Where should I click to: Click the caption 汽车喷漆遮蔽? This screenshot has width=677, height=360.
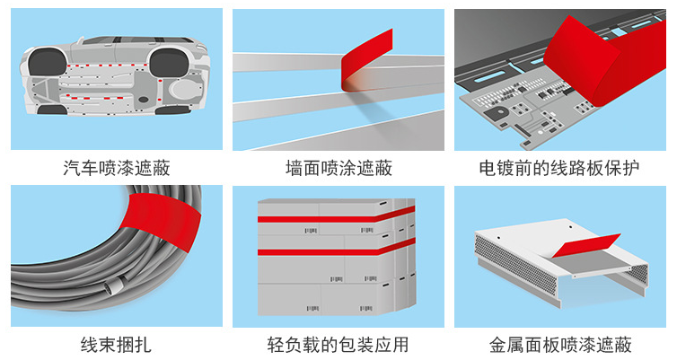117,167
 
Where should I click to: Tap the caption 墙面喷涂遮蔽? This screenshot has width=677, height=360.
338,167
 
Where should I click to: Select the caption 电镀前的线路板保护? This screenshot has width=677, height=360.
559,167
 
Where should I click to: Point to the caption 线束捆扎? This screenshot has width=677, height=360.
117,345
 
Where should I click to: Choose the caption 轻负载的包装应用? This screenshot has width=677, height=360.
338,345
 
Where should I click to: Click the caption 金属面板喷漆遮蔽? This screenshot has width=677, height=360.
559,345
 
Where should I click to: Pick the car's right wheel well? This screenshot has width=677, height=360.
168,62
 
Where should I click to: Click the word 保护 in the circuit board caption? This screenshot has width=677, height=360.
622,167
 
